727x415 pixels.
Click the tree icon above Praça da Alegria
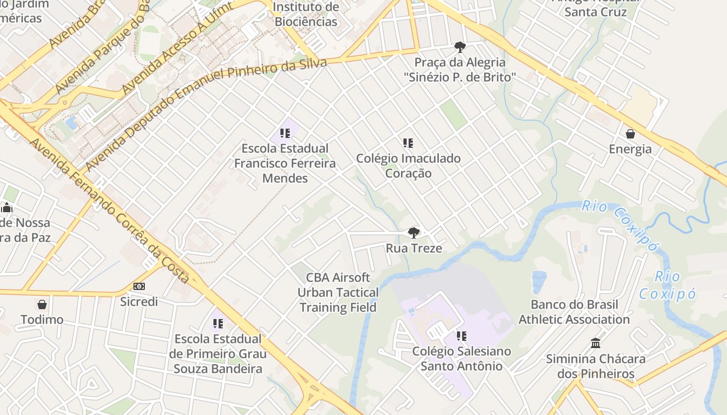click(460, 47)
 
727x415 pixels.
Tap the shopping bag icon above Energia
click(630, 134)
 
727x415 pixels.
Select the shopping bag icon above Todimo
click(42, 304)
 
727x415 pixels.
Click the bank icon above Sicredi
click(139, 286)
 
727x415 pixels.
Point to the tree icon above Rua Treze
click(413, 233)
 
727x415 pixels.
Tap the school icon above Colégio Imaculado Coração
click(408, 143)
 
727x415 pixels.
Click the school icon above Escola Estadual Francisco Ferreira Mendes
click(285, 133)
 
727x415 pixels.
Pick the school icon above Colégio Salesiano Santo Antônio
click(461, 336)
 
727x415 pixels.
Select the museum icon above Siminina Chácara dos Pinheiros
click(596, 343)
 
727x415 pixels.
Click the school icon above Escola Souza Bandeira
click(218, 324)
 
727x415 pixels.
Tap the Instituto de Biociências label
click(306, 15)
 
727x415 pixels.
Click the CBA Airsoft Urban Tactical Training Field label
click(338, 293)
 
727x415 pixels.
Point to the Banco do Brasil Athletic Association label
click(574, 312)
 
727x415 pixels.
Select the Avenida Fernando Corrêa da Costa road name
click(110, 211)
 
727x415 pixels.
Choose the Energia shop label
click(630, 149)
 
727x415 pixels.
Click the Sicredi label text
click(139, 301)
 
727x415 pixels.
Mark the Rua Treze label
click(414, 248)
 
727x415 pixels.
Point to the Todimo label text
click(42, 320)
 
